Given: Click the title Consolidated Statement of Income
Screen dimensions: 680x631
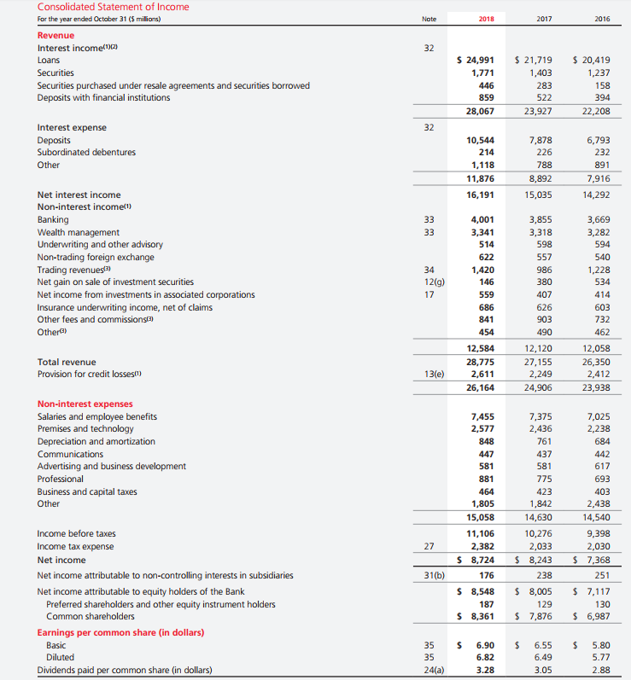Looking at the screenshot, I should [x=114, y=7].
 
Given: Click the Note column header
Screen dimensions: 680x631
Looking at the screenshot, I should [x=429, y=19].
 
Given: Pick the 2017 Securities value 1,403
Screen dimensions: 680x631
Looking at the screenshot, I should [x=540, y=73].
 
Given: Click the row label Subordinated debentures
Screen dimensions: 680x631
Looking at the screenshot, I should [x=86, y=152].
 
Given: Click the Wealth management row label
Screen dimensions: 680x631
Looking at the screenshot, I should [x=79, y=232].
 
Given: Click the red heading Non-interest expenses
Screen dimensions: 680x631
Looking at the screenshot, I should [x=85, y=404].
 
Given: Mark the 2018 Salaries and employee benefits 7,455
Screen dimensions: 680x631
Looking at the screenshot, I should [x=482, y=416].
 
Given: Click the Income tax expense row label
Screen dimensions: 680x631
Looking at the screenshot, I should [x=75, y=546].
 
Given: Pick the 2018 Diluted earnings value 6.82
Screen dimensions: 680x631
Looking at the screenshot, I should [x=484, y=657].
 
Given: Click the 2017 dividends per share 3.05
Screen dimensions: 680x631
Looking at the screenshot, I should [x=541, y=670].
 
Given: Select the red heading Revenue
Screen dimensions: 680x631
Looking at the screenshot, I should [x=56, y=35].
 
